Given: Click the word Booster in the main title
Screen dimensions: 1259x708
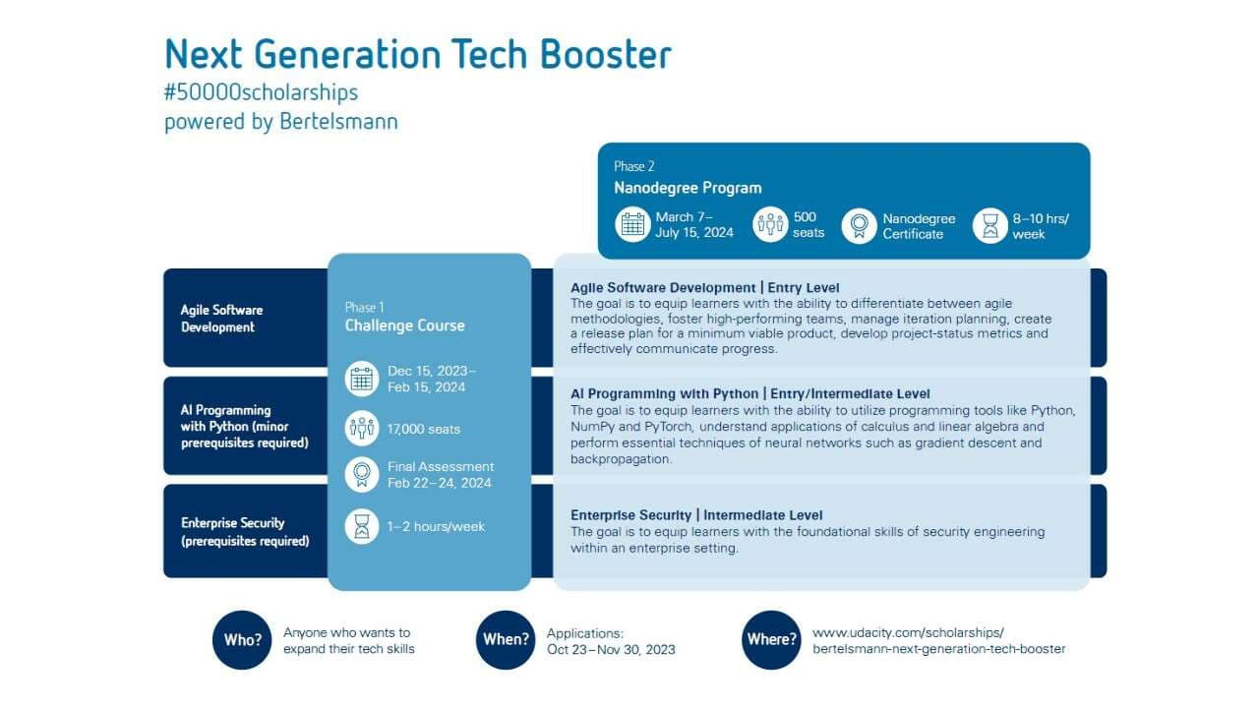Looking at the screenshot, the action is tap(605, 54).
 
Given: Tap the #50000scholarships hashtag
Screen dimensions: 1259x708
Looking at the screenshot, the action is tap(261, 92).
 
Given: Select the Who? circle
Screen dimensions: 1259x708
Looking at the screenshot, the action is tap(242, 640).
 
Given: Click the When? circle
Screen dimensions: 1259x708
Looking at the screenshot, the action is tap(506, 640).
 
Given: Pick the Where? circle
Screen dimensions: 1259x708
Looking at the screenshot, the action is tap(771, 640).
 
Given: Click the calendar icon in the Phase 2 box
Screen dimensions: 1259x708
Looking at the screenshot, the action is tap(632, 225).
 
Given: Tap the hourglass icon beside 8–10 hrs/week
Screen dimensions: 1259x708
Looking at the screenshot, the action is tap(990, 226).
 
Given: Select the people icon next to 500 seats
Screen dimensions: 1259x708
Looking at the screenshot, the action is tap(770, 225).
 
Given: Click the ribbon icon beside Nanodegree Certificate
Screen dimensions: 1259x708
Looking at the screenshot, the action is tap(859, 226).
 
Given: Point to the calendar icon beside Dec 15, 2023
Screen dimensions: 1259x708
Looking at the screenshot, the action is tap(362, 380).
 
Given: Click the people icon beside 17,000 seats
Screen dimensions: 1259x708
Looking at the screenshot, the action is tap(362, 428).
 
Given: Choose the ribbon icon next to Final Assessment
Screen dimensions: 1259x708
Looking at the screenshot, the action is tap(362, 475).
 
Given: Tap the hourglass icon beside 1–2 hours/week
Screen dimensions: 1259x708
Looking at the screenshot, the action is tap(362, 526).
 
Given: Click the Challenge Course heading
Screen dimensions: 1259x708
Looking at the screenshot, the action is tap(404, 325).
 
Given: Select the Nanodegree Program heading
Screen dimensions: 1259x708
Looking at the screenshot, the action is tap(688, 188).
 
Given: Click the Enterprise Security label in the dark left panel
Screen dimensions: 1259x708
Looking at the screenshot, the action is tap(245, 532).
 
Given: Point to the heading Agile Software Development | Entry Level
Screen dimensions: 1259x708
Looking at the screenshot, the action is tap(705, 288).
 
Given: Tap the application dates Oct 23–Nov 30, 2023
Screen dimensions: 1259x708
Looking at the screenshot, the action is tap(611, 650).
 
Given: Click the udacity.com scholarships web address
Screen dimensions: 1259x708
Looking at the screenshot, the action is tap(938, 640).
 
